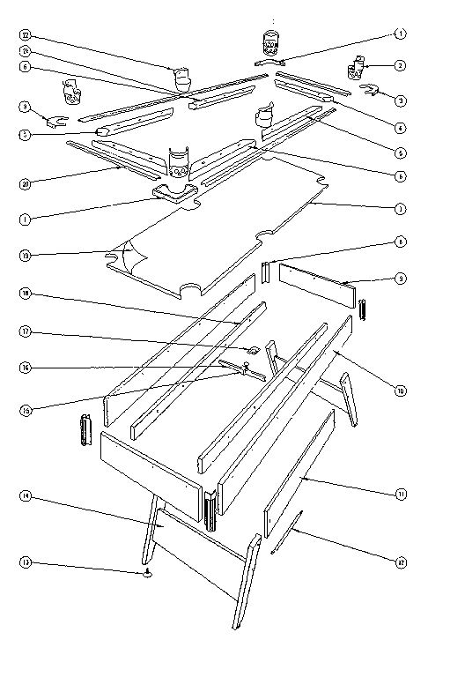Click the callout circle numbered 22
point(25,34)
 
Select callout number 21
point(25,50)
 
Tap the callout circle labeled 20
point(25,183)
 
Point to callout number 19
point(25,255)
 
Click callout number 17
point(25,332)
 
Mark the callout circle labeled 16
point(25,368)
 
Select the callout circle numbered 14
point(25,497)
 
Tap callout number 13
point(25,562)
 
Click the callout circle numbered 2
point(401,65)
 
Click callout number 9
point(401,279)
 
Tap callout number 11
point(401,495)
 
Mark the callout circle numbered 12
point(401,556)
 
